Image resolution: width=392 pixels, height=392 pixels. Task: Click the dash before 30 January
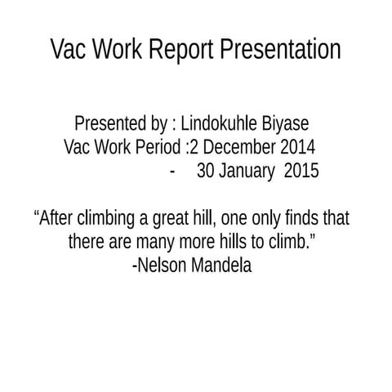click(173, 172)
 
